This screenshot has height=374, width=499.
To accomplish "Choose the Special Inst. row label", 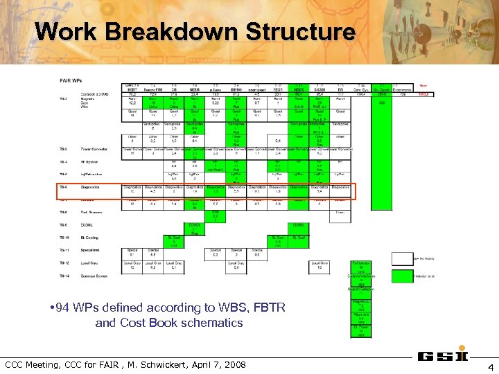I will [x=90, y=250].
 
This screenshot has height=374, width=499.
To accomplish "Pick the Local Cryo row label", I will [x=89, y=262].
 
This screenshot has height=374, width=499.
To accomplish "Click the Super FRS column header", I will [x=154, y=91].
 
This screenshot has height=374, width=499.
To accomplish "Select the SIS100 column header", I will [x=320, y=91].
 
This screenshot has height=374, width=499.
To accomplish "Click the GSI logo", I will [x=440, y=357].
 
